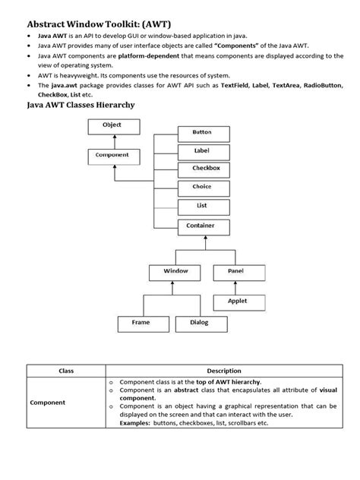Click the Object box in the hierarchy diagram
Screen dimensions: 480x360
tap(112, 127)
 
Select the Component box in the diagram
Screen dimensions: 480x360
tap(112, 156)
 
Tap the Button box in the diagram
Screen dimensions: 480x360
tap(202, 132)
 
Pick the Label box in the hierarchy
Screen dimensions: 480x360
tap(202, 151)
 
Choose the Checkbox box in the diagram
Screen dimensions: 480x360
tap(202, 169)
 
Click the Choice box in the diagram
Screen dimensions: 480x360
tap(202, 187)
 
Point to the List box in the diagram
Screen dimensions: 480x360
tap(202, 205)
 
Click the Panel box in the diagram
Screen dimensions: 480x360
tap(235, 271)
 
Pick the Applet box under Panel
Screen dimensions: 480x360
tap(237, 302)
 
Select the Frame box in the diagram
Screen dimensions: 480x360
tap(141, 324)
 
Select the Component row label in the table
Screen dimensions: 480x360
tap(47, 402)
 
